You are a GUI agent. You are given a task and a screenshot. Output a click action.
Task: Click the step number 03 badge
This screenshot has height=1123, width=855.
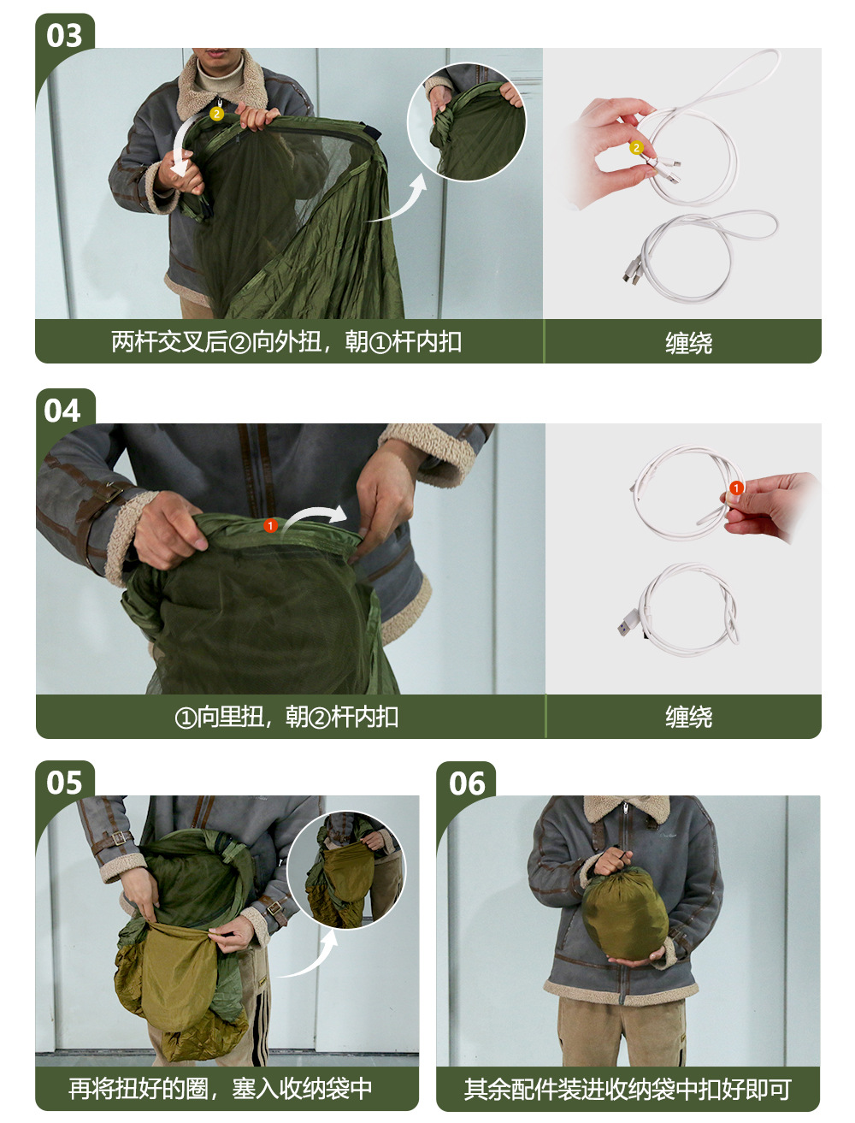[64, 36]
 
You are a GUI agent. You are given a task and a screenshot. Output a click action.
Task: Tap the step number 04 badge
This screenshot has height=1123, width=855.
[62, 411]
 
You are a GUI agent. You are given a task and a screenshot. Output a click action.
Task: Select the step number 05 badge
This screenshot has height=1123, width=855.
[64, 783]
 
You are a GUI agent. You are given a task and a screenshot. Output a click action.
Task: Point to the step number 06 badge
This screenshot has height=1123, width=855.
[466, 783]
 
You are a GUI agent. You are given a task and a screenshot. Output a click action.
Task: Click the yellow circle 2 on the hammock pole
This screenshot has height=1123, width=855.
[217, 114]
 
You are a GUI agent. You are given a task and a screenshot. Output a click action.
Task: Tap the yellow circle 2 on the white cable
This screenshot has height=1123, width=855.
[636, 148]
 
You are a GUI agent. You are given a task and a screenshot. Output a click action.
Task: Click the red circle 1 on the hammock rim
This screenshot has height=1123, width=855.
[270, 525]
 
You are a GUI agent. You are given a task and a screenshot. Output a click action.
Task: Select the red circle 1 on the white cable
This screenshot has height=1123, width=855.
[736, 488]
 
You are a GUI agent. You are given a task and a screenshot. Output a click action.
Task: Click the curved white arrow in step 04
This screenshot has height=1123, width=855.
[313, 511]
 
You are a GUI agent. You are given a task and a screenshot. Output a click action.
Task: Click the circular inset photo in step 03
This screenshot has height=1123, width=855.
[466, 121]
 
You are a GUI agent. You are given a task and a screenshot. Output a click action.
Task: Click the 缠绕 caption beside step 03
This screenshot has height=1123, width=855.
[688, 343]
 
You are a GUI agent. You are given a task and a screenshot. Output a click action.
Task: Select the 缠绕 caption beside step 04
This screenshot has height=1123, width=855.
[688, 717]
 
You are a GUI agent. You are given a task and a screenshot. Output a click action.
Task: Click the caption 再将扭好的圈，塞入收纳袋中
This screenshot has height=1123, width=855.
[220, 1089]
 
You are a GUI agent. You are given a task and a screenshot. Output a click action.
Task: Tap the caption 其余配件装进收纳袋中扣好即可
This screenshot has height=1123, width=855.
[628, 1090]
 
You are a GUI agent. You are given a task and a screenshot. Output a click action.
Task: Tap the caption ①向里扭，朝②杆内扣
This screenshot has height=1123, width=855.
[286, 716]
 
